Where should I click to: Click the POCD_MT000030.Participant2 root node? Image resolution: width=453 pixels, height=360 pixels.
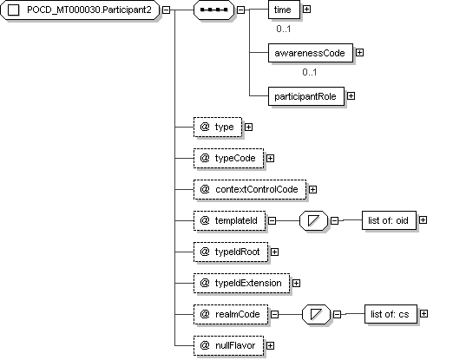tap(80, 10)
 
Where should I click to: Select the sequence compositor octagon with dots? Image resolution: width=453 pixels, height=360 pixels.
tap(213, 10)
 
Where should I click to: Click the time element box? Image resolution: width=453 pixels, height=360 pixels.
tap(284, 10)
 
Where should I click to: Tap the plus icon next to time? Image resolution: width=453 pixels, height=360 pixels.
tap(306, 10)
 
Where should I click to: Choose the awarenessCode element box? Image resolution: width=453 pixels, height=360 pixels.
tap(311, 53)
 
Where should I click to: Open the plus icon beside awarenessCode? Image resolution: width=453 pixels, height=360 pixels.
tap(359, 53)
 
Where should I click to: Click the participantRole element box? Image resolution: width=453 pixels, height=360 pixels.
tap(306, 96)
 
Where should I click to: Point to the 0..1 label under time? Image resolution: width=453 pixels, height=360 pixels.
tap(284, 29)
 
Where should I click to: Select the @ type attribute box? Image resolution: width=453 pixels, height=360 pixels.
tap(218, 127)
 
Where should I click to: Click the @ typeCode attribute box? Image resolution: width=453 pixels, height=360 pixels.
tap(228, 158)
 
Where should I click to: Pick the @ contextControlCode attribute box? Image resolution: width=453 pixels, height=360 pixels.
tap(250, 189)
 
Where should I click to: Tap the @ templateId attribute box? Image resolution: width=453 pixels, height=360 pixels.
tap(229, 220)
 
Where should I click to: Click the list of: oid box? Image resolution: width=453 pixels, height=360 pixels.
tap(389, 220)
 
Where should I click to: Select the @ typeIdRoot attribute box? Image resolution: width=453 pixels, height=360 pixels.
tap(231, 252)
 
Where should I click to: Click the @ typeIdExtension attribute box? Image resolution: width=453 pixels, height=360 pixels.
tap(241, 283)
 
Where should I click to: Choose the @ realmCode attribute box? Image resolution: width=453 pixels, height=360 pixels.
tap(231, 314)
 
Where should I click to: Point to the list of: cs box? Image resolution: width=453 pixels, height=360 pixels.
tap(391, 314)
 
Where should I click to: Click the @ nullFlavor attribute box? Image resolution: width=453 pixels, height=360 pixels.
tap(228, 345)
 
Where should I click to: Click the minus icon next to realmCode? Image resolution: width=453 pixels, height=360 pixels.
tap(274, 314)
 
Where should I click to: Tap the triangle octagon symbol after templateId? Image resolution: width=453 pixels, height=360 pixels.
tap(314, 220)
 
